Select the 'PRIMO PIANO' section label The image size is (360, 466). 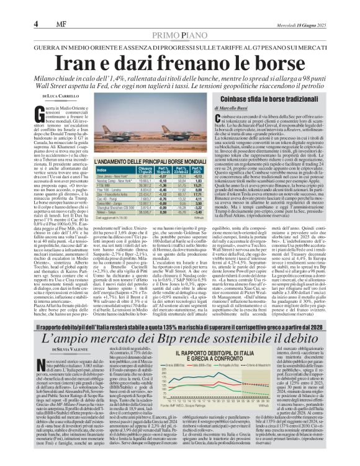[179, 18]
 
